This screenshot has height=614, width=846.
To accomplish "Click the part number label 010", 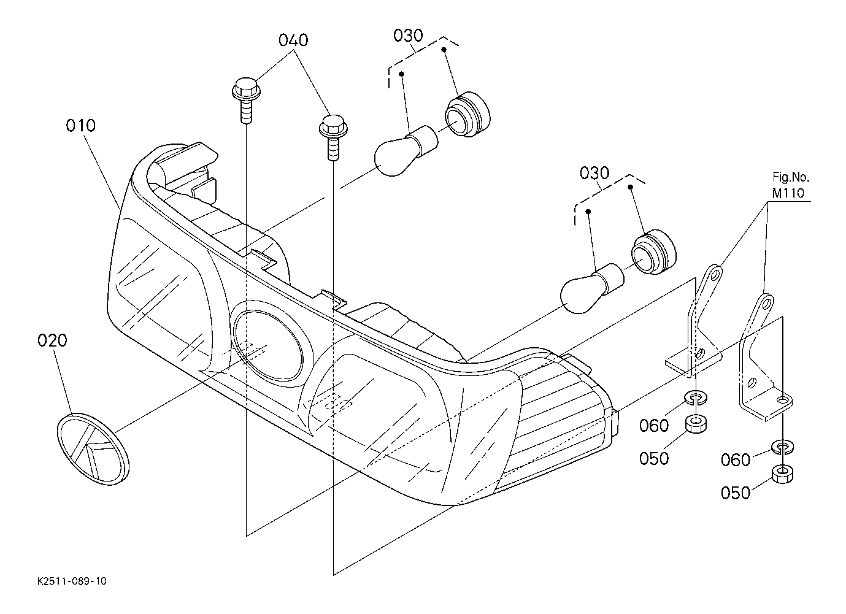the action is click(80, 125).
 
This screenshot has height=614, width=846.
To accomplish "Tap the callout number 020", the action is click(52, 340).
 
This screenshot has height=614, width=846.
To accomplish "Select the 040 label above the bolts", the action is click(293, 40).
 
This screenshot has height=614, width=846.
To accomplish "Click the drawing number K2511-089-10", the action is click(72, 581).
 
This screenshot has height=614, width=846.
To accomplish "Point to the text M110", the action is click(788, 193).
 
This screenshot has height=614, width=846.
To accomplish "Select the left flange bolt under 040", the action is click(245, 100).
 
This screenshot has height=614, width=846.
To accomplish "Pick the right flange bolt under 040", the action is click(333, 137).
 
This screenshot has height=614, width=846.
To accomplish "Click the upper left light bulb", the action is click(406, 151).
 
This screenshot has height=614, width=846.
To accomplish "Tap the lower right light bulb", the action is click(592, 288).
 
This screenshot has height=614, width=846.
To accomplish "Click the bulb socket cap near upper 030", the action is click(467, 113).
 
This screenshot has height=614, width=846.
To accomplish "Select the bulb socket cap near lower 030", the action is click(654, 252).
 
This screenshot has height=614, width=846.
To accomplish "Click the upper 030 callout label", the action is click(408, 36).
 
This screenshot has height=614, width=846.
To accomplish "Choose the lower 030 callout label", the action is click(594, 174).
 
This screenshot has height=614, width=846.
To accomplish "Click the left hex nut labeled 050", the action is click(695, 424).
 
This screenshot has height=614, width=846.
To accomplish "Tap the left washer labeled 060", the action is click(695, 397).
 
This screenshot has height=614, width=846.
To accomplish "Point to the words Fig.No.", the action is click(791, 177).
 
